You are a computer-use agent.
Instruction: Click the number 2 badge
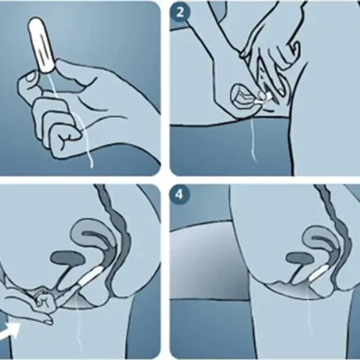coord(180,13)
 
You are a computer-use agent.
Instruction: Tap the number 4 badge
coord(179,194)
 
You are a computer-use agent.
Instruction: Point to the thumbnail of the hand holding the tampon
coord(30,77)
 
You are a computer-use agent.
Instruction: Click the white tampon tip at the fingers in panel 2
coord(264,97)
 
